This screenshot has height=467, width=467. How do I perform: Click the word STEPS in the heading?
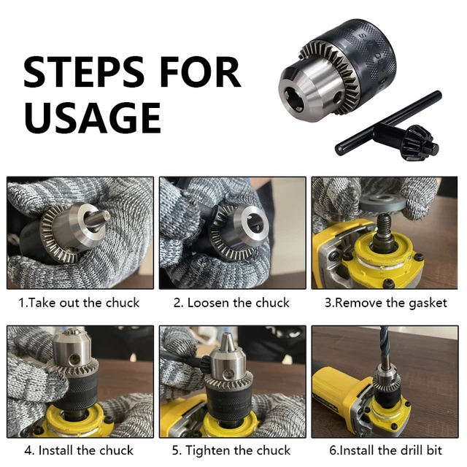point(83,72)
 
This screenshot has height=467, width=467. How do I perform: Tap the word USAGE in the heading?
point(93,117)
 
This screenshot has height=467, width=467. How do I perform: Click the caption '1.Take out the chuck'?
point(79,303)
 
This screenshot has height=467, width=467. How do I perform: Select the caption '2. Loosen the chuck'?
point(231,303)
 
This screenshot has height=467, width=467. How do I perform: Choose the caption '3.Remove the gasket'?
point(386,304)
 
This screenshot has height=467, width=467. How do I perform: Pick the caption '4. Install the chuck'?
point(79,450)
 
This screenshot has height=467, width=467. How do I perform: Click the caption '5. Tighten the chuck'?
point(231,450)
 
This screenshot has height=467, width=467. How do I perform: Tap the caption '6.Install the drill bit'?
point(385,450)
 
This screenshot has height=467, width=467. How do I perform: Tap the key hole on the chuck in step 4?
point(74,360)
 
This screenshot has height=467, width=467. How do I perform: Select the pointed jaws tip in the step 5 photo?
point(227,340)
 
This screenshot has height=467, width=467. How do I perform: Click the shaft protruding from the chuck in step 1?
point(97,220)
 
